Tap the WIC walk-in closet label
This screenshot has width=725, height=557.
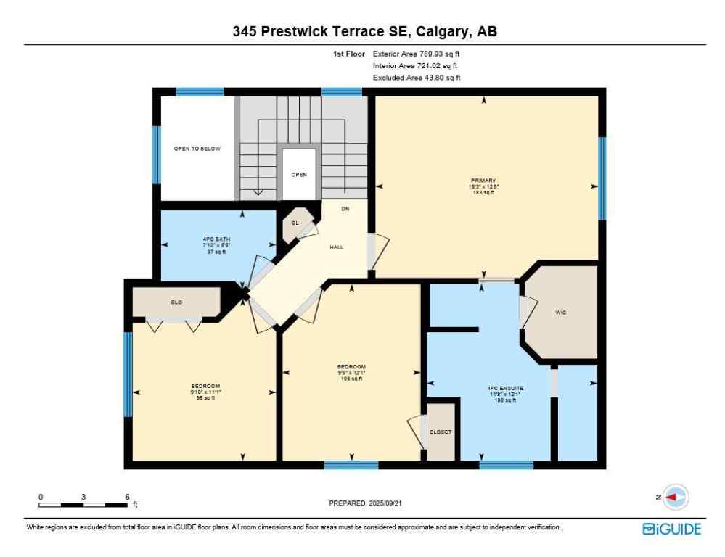(x=560, y=313)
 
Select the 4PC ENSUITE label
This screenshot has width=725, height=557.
(x=505, y=388)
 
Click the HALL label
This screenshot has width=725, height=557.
(x=336, y=247)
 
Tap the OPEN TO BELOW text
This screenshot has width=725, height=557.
(x=197, y=149)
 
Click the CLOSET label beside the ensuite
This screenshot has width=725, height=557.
(x=441, y=432)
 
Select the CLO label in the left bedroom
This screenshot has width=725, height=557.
(x=176, y=302)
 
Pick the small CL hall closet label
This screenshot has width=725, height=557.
(x=295, y=223)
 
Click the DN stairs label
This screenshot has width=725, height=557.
(x=345, y=209)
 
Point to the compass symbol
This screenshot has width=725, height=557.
(x=676, y=497)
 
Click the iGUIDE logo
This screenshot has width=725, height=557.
(x=672, y=529)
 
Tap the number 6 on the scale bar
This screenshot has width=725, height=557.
(x=127, y=497)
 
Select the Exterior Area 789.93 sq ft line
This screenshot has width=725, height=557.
(x=417, y=54)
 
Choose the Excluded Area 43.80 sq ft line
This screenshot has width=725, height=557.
(x=417, y=78)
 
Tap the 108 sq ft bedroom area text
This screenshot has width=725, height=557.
(x=351, y=379)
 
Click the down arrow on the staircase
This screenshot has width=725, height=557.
(x=257, y=191)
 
